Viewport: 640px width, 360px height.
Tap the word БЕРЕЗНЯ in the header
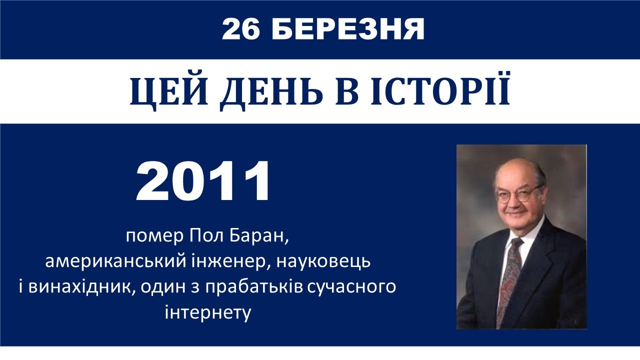click(348, 29)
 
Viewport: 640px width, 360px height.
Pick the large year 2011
click(202, 181)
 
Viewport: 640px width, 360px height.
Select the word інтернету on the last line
click(208, 312)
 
